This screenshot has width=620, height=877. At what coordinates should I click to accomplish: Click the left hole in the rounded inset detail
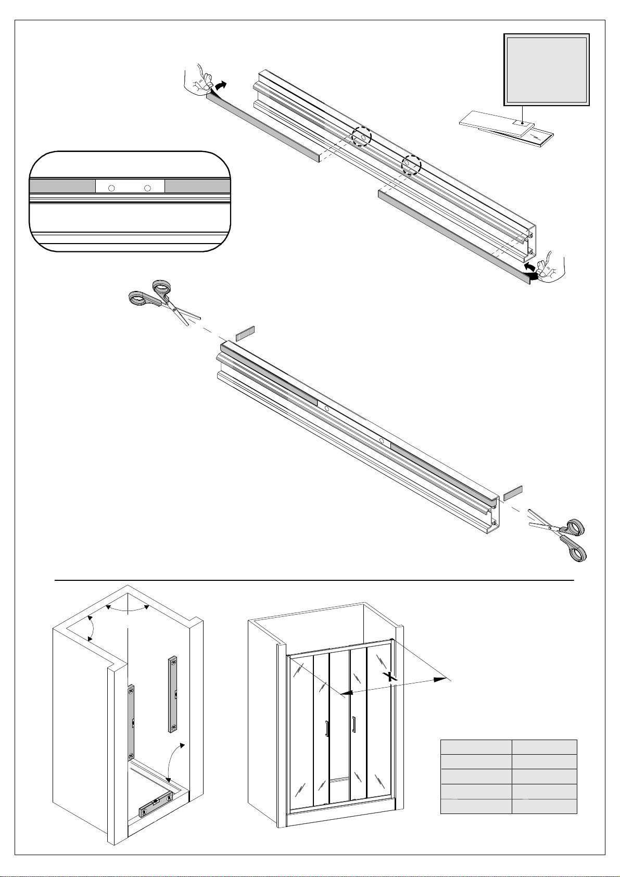(111, 188)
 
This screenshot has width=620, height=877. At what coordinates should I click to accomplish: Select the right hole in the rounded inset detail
(148, 188)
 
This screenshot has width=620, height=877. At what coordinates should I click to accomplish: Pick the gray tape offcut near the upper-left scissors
(245, 334)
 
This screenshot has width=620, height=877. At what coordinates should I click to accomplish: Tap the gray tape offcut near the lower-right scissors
(513, 493)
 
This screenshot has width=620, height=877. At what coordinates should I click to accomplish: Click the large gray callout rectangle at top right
(547, 69)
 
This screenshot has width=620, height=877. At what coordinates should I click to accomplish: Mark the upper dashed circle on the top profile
(361, 137)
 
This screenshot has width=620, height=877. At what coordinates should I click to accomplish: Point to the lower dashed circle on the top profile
(411, 164)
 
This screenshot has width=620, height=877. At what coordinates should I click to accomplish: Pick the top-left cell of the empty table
(476, 747)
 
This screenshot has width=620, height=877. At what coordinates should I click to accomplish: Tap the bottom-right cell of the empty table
(545, 806)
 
